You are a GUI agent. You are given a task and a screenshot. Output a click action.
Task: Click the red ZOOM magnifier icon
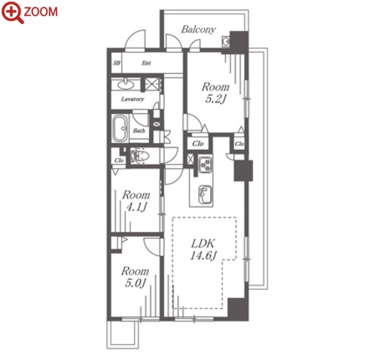pos(13,12)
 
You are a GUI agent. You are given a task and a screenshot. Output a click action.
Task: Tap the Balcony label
pos(198,29)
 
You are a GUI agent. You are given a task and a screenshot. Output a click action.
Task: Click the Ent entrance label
pos(146,63)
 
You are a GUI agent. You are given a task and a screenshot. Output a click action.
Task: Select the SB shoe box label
pos(116,63)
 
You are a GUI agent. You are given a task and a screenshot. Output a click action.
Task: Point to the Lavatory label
pos(133,99)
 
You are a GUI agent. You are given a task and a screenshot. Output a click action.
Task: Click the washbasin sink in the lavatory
pos(126,84)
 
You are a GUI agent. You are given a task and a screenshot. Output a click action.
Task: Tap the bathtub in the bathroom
pos(120,129)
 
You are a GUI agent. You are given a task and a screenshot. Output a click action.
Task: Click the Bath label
pos(139,130)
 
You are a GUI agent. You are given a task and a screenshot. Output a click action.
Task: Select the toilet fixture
pos(139,156)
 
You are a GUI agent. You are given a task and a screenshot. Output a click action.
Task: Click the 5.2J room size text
pos(215,99)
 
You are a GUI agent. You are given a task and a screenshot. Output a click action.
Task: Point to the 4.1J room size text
pos(136,207)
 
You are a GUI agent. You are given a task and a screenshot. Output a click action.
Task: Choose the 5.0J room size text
pos(135,283)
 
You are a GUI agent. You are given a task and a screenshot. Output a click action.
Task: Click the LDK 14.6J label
pos(203,249)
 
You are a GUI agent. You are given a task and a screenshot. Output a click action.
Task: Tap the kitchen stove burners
pos(206,164)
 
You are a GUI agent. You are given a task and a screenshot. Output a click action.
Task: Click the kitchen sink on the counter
pos(206,194)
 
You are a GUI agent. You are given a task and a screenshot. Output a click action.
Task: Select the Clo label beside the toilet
pos(119,160)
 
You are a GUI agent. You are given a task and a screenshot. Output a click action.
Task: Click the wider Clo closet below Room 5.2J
pos(198,144)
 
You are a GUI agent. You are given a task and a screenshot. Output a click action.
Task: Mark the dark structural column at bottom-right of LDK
pos(238,310)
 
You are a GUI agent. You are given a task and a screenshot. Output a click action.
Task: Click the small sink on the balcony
pos(226,41)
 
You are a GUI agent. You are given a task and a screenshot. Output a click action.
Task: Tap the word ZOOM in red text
pos(41,12)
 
